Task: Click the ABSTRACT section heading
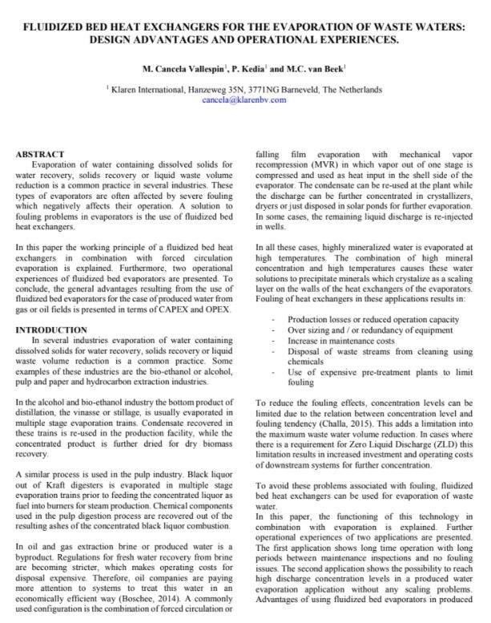(x=41, y=152)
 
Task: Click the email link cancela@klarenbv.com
(x=243, y=100)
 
